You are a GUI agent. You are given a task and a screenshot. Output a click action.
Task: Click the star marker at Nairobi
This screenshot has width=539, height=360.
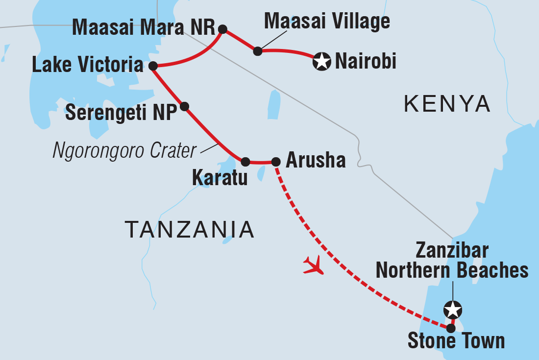(321, 62)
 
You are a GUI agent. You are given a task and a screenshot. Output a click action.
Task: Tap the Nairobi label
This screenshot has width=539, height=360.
(365, 62)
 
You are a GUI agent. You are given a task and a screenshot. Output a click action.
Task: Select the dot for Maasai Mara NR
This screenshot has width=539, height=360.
(222, 29)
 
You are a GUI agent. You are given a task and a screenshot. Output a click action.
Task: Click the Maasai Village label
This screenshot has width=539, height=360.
(327, 22)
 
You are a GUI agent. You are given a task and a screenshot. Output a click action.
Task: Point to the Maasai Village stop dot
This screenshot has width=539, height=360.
(258, 51)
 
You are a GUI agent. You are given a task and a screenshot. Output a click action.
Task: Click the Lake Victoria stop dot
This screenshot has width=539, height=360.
(152, 66)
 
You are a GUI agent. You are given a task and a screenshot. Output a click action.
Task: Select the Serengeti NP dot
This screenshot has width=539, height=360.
(184, 106)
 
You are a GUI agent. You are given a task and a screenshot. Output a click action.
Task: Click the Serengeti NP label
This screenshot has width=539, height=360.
(121, 113)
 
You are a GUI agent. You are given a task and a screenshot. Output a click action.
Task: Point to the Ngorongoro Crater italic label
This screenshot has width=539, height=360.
(124, 151)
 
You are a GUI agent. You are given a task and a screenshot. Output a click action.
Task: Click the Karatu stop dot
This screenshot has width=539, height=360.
(245, 161)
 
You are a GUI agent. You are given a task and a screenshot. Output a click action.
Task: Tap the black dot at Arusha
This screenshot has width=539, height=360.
(276, 161)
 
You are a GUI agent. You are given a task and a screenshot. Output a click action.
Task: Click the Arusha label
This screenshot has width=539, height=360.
(315, 160)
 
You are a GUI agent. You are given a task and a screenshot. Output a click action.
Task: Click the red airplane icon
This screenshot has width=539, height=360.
(314, 265)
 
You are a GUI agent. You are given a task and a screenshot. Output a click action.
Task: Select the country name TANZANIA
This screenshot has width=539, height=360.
(189, 229)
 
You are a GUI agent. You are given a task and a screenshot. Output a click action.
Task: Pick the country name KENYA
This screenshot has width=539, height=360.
(447, 104)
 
